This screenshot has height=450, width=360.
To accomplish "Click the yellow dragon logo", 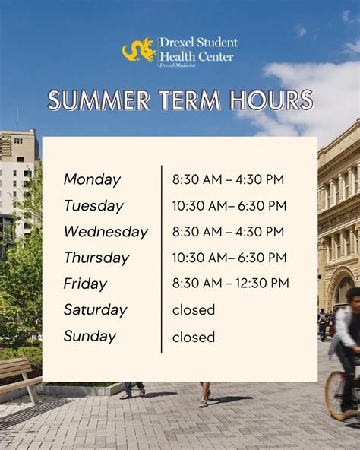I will (139, 50).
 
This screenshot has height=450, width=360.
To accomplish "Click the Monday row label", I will (92, 179).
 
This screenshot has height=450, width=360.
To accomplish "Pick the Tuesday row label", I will (93, 205).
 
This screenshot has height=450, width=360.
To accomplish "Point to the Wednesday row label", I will (106, 232).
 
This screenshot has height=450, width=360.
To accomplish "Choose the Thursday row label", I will (97, 258).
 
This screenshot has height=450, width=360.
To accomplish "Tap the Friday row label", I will (85, 284).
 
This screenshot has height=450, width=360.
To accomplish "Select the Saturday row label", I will (95, 309).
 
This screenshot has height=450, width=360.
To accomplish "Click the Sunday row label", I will (90, 336).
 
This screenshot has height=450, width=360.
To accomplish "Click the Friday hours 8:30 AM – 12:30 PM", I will (230, 284).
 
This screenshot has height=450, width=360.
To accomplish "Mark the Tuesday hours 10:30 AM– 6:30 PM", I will (229, 205).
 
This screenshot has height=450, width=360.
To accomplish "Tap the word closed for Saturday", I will (194, 309).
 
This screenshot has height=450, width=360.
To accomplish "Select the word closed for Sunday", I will (194, 336).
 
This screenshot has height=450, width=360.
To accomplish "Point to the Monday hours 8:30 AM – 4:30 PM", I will (228, 179).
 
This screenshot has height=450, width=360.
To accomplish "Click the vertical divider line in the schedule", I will (162, 258).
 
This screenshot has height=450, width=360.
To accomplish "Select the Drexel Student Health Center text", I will (197, 49).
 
